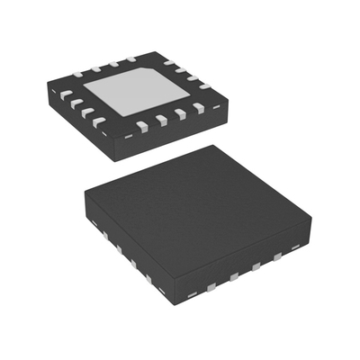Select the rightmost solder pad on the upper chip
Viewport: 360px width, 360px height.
pyautogui.click(x=204, y=85)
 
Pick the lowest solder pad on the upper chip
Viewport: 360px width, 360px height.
pyautogui.click(x=142, y=125)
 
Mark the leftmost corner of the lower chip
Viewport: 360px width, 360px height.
pyautogui.click(x=84, y=194)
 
